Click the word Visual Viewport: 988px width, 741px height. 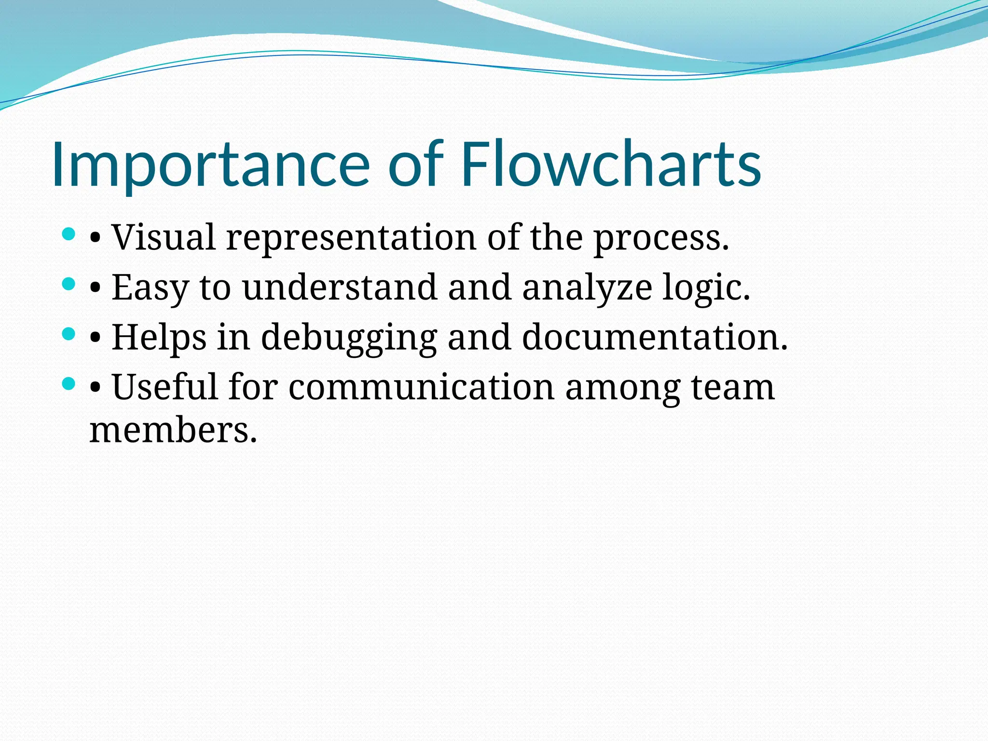pyautogui.click(x=164, y=237)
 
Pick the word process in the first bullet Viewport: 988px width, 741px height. pyautogui.click(x=660, y=238)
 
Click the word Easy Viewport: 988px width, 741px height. pyautogui.click(x=150, y=288)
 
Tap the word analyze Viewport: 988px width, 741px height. pyautogui.click(x=587, y=288)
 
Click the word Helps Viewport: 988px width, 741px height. pyautogui.click(x=159, y=338)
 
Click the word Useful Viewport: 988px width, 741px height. pyautogui.click(x=165, y=387)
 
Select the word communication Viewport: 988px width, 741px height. pyautogui.click(x=421, y=387)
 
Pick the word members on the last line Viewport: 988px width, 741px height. pyautogui.click(x=173, y=430)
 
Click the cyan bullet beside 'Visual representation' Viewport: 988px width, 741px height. pyautogui.click(x=69, y=235)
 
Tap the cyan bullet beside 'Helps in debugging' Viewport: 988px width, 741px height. pyautogui.click(x=69, y=334)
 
